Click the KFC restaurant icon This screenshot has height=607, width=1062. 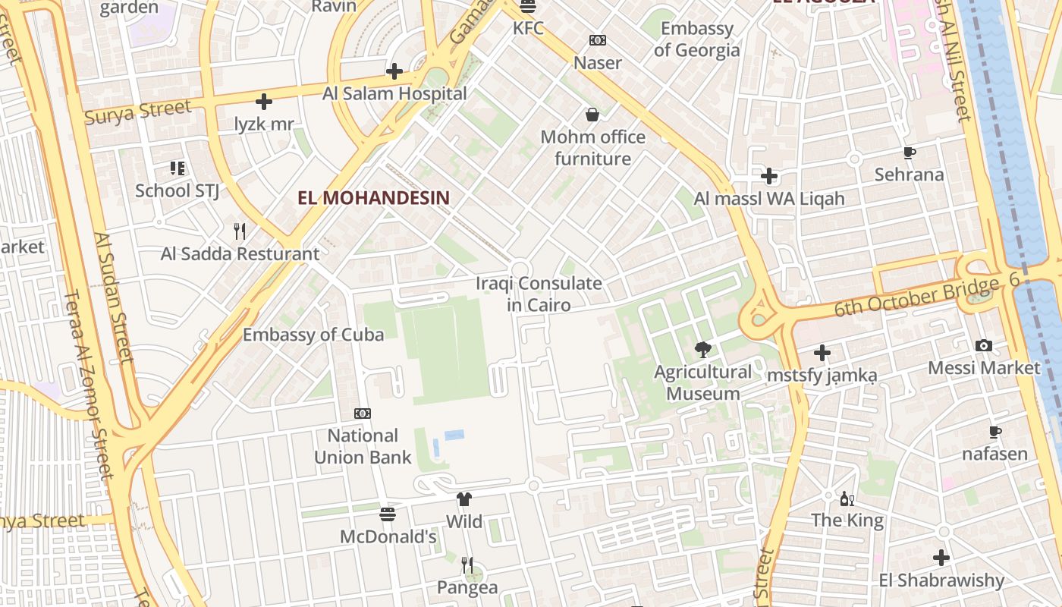[x=528, y=7]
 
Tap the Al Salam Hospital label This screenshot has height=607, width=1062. [x=394, y=93]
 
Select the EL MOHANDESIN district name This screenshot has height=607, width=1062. [x=374, y=198]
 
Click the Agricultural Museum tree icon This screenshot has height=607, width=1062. [x=703, y=350]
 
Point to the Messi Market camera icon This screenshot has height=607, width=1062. [x=984, y=345]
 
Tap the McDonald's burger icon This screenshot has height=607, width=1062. [x=388, y=514]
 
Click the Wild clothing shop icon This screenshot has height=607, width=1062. [x=464, y=499]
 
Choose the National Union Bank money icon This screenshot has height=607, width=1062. [x=363, y=414]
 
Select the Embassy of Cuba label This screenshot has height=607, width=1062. [x=313, y=335]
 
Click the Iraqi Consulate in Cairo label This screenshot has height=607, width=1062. [x=539, y=294]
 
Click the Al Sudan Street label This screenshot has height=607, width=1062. [x=114, y=297]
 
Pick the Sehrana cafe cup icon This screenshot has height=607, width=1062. [x=910, y=153]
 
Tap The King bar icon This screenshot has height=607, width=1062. [x=847, y=498]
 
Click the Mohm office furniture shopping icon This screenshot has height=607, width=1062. [x=592, y=115]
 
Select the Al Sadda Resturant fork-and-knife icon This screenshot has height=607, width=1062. [x=240, y=231]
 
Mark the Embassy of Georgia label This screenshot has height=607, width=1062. [x=696, y=39]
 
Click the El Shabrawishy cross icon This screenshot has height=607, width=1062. [x=941, y=558]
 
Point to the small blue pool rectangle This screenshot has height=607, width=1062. [x=454, y=435]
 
